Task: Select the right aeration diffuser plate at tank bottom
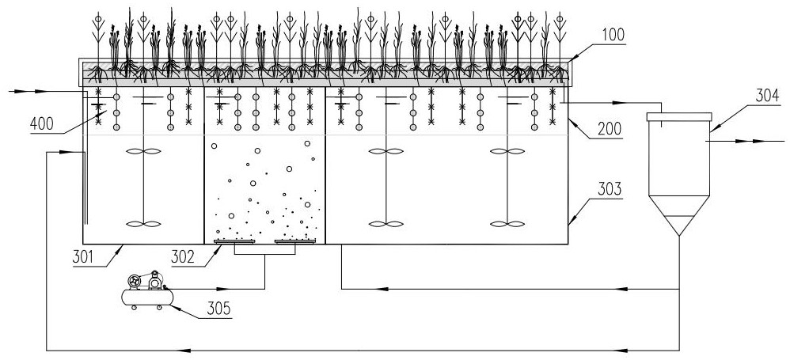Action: pos(294,241)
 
